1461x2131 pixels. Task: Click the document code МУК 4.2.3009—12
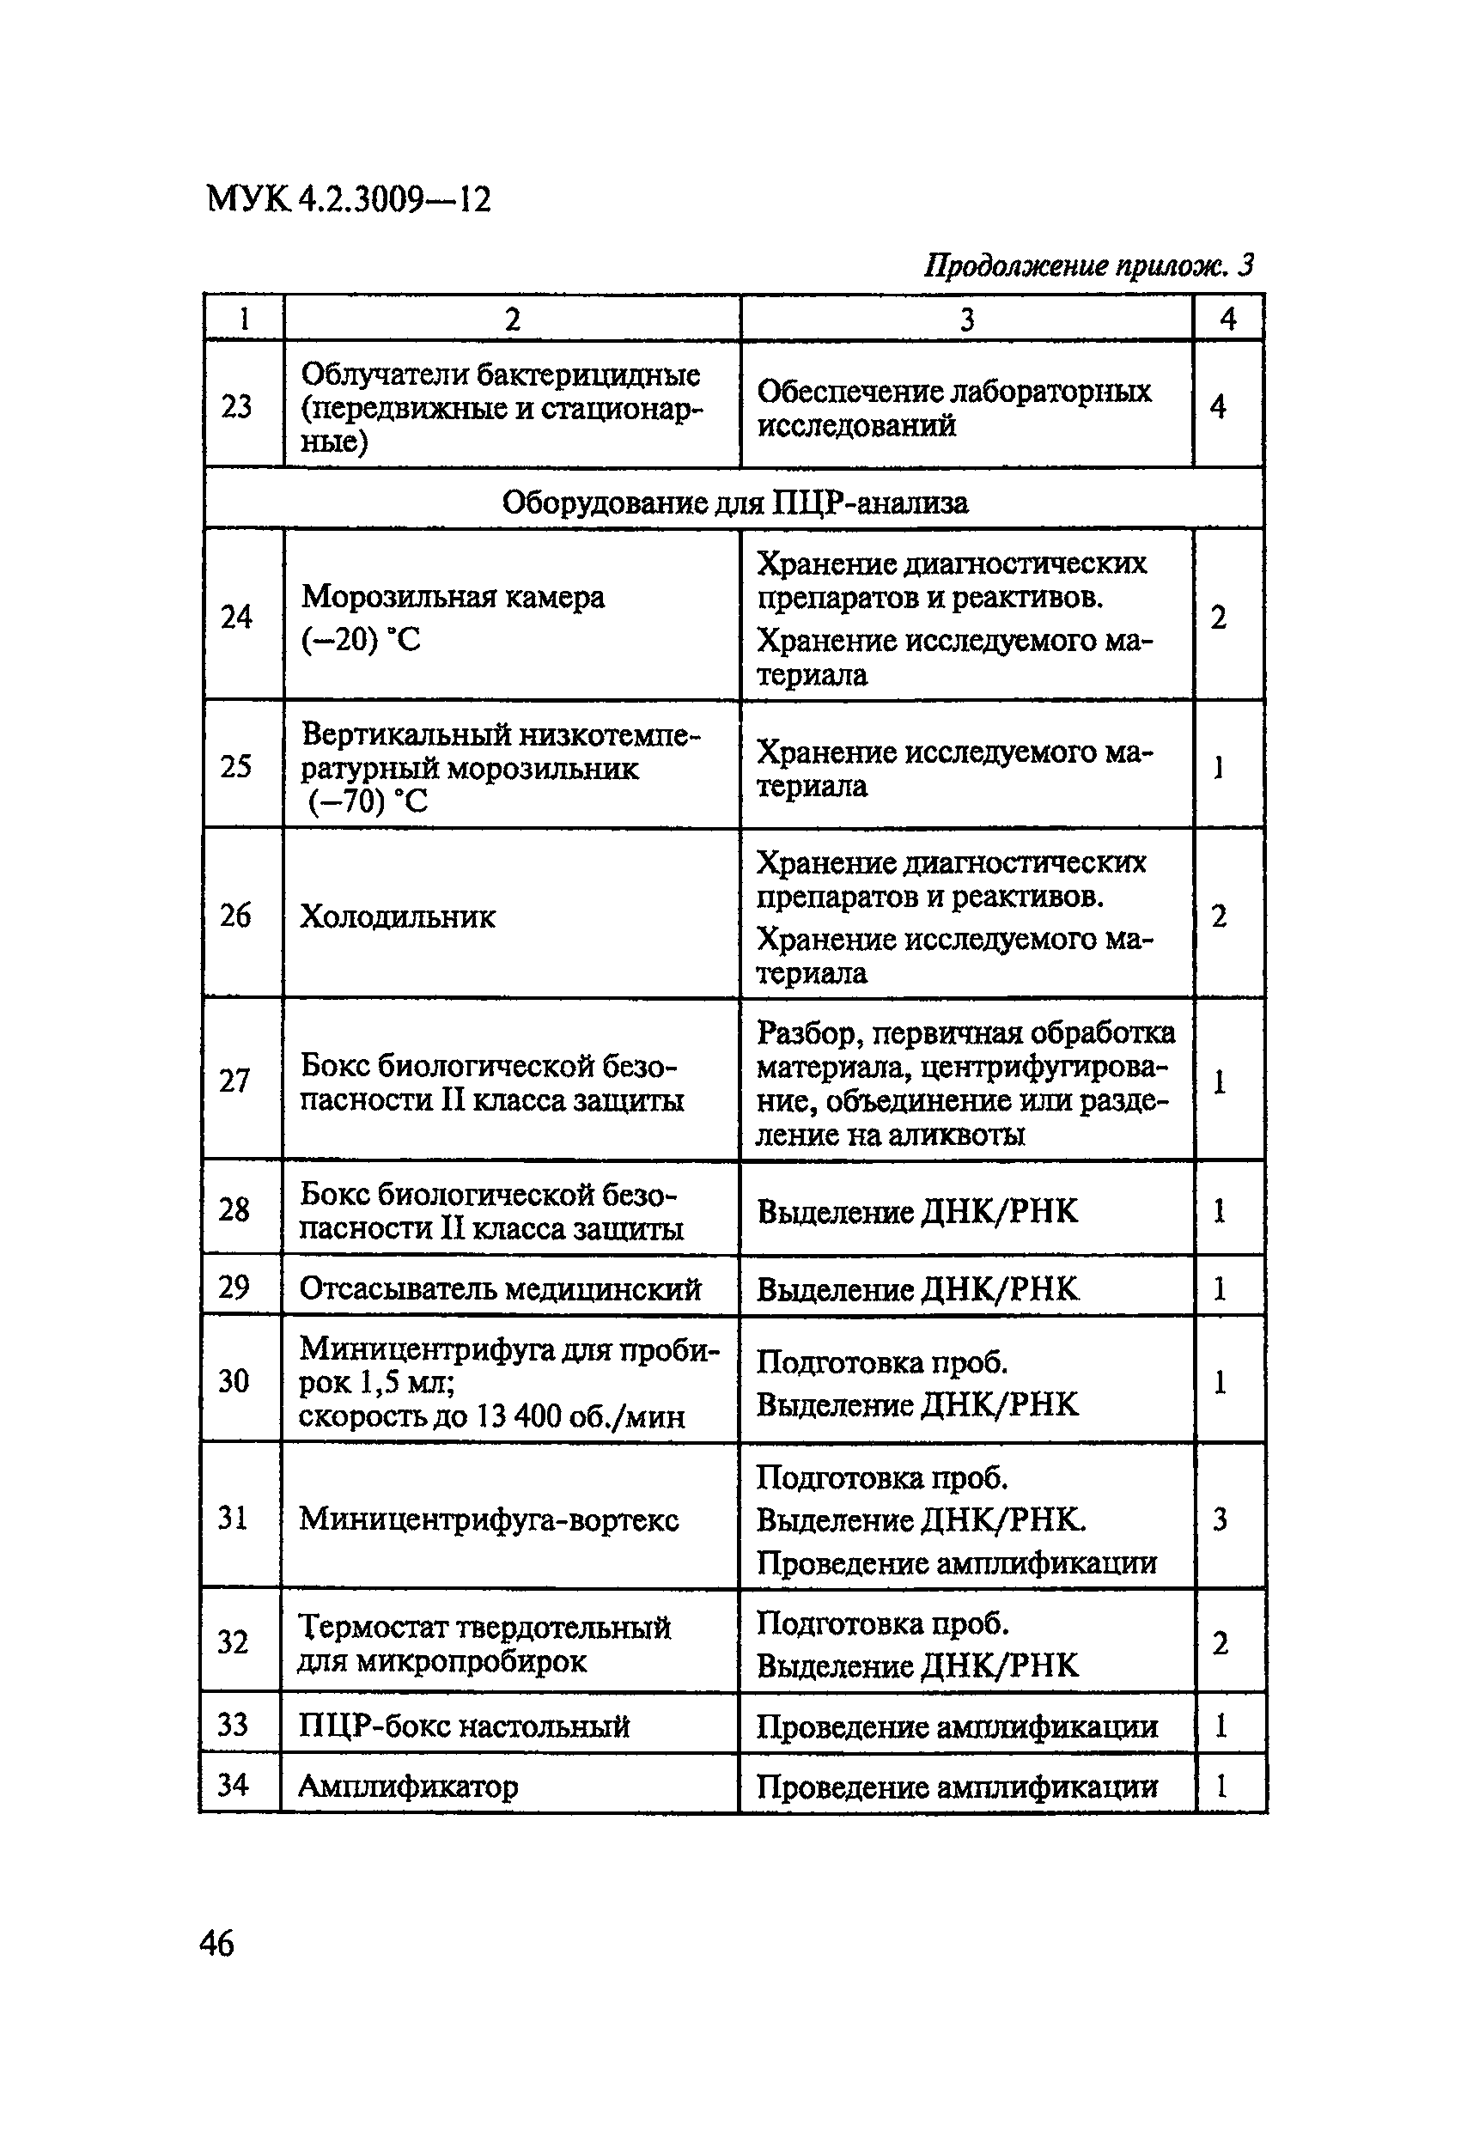pos(349,199)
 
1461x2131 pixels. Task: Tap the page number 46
pos(216,1942)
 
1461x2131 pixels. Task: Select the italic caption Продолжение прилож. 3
pos(1087,266)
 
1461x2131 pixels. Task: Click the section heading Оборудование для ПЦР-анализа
pos(734,502)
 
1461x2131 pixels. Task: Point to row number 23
pos(236,406)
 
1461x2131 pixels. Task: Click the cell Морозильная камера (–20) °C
pos(453,617)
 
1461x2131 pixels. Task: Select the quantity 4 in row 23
pos(1218,406)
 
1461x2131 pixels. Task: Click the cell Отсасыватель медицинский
pos(500,1289)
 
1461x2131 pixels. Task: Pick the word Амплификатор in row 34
pos(409,1787)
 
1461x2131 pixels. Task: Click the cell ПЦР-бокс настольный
pos(464,1726)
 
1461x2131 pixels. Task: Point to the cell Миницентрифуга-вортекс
pos(489,1519)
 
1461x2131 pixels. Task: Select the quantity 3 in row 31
pos(1220,1519)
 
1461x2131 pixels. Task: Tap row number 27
pos(234,1081)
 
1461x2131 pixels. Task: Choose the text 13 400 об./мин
pos(581,1416)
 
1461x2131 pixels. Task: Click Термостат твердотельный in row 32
pos(484,1628)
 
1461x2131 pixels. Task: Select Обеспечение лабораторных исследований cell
pos(954,408)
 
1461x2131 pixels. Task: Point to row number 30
pos(234,1381)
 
